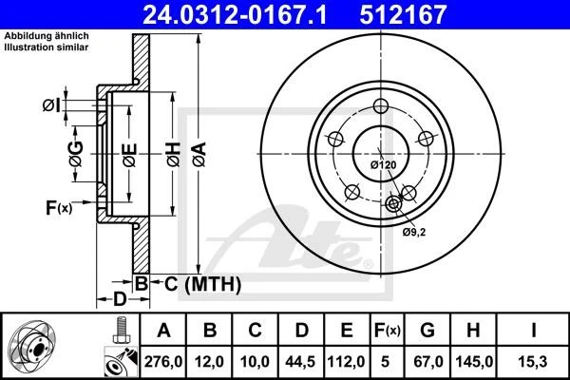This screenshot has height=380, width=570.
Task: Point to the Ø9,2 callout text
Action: coord(411,231)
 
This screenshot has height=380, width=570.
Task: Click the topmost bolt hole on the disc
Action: coord(381,105)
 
